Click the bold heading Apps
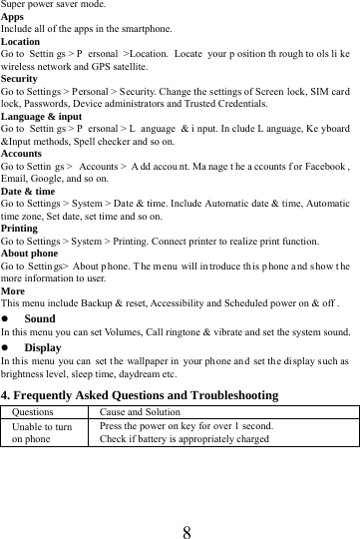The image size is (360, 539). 13,17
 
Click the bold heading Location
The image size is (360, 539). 21,43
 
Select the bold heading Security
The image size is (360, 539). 20,76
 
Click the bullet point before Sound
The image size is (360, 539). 6,318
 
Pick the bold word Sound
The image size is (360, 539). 39,318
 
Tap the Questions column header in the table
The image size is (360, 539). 34,411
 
